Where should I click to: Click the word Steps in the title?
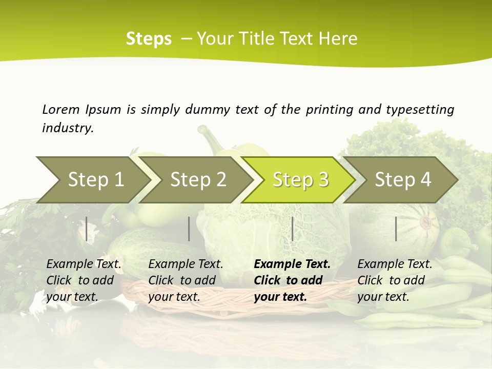pos(149,39)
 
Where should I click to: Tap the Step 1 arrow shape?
pos(92,180)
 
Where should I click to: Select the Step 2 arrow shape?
pos(197,180)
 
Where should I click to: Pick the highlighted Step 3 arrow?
pos(300,180)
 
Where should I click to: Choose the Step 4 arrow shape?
pos(402,180)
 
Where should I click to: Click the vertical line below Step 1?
pos(87,229)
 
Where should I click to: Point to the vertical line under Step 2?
pos(189,229)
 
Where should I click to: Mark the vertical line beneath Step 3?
pos(292,229)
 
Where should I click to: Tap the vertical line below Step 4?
pos(396,229)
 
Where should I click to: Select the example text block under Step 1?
pos(84,280)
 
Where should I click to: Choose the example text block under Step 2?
pos(186,280)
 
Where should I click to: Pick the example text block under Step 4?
pos(395,280)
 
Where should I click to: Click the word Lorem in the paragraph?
pos(61,109)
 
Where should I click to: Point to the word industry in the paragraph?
pos(68,128)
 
